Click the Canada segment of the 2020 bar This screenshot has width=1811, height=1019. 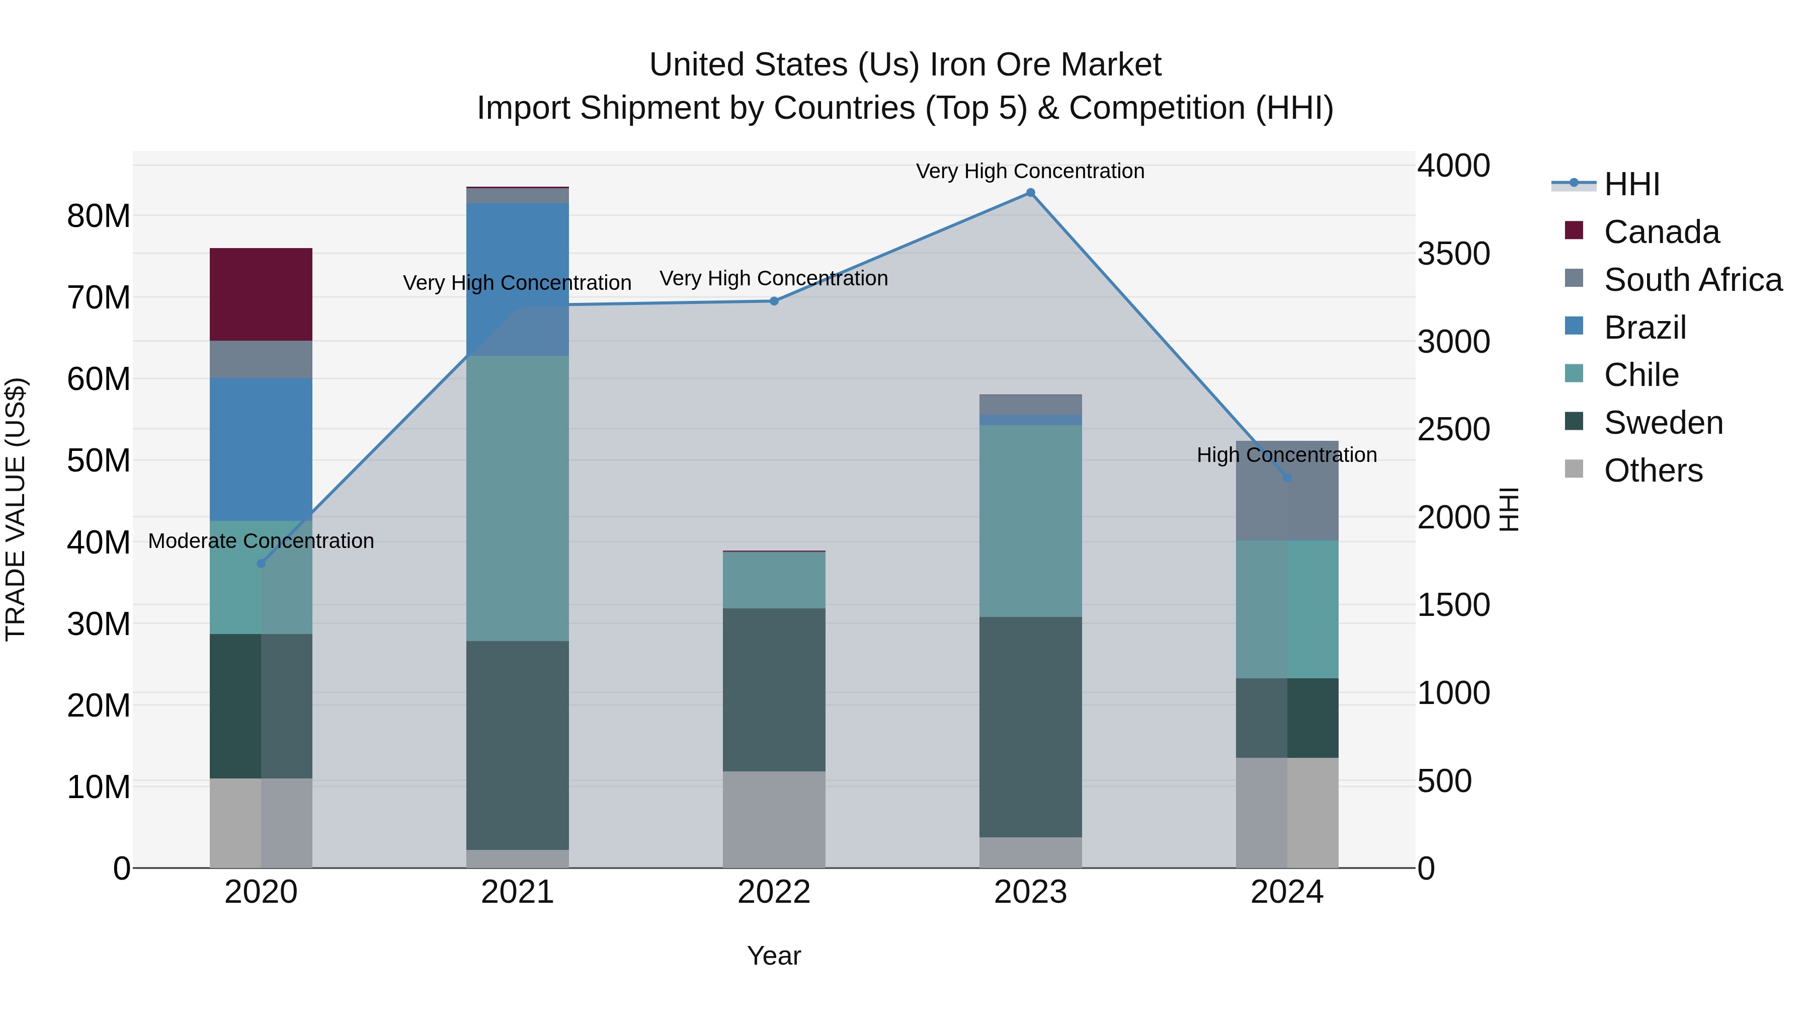coord(261,294)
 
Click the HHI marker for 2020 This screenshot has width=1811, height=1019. coord(261,563)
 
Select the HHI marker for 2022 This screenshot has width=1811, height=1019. coord(774,301)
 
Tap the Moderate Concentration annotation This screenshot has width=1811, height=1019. coord(261,541)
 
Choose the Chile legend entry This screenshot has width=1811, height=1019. coord(1641,375)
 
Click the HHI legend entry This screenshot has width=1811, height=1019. coord(1631,184)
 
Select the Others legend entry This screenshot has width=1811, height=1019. coord(1653,471)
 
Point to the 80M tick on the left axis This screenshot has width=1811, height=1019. coord(99,216)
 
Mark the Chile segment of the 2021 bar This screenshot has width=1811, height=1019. coord(518,498)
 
